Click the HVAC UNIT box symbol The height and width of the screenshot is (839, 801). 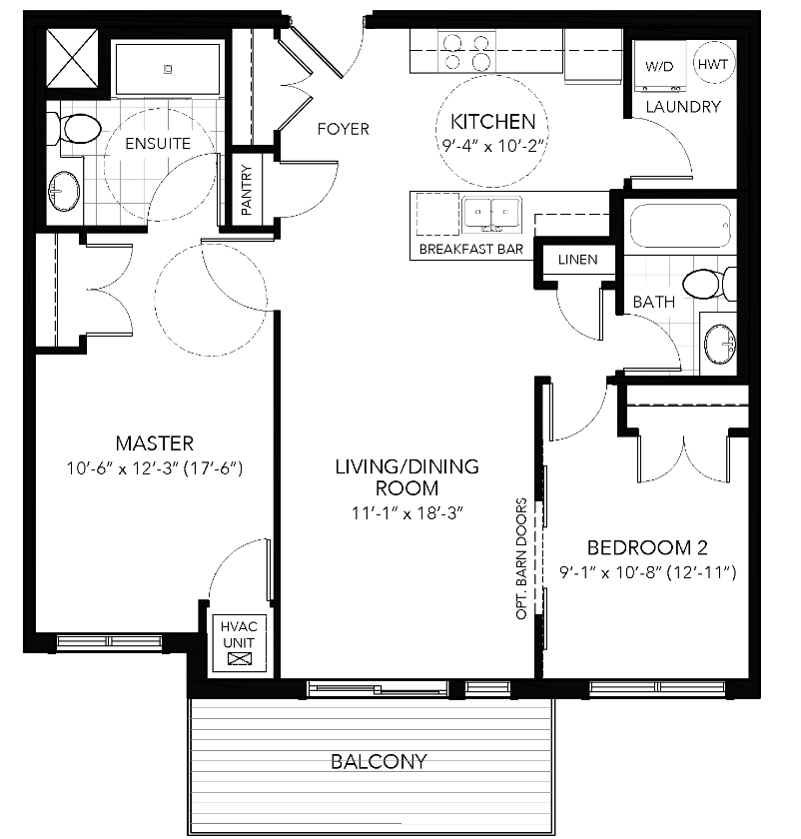(x=237, y=658)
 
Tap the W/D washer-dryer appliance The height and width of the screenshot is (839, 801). (x=658, y=67)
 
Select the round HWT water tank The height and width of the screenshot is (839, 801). (x=712, y=65)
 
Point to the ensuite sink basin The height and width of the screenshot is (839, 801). (x=68, y=188)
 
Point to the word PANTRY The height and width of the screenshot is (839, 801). (x=247, y=190)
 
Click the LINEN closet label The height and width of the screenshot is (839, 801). (x=577, y=260)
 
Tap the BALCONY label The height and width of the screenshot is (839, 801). (x=379, y=762)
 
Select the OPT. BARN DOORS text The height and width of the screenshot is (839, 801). (x=521, y=559)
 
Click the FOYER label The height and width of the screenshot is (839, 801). (x=343, y=129)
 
